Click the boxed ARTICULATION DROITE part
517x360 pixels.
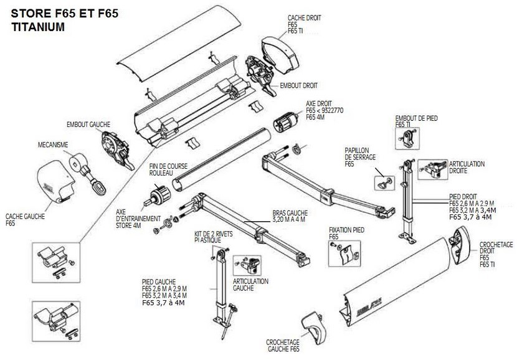click(432, 168)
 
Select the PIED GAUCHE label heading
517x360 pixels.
click(159, 282)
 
